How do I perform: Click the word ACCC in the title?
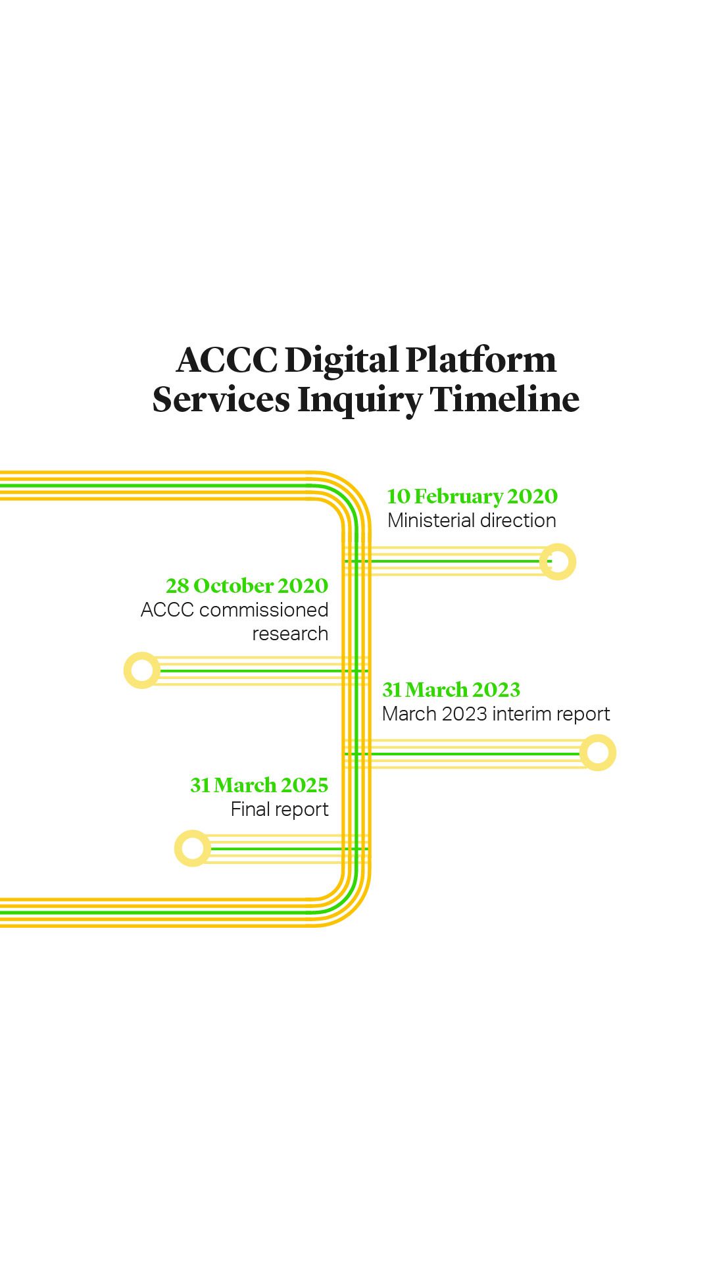coord(227,360)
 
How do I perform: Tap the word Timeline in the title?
coord(504,399)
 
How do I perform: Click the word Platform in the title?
coord(481,360)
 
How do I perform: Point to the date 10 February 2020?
coord(472,496)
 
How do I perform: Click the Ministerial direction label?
coord(472,520)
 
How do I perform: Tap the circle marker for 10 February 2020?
coord(558,562)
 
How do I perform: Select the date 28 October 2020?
coord(247,586)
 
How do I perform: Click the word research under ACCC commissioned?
coord(290,634)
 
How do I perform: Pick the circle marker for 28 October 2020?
coord(142,670)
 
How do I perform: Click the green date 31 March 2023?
coord(451,690)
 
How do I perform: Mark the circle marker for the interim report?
coord(598,753)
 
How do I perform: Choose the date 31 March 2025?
coord(259,785)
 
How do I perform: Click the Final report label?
coord(280,809)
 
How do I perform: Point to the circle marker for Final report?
coord(193,848)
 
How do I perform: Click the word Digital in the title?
coord(341,360)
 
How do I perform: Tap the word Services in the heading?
coord(221,399)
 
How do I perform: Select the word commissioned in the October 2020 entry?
coord(264,610)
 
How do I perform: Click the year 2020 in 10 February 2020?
coord(533,496)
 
